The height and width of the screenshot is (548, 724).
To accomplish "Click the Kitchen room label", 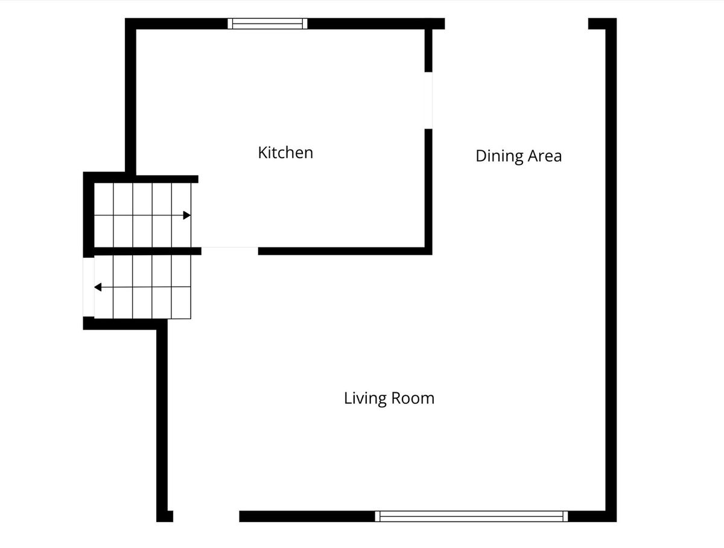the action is point(285,153).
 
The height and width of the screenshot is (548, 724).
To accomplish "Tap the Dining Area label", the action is point(518,156).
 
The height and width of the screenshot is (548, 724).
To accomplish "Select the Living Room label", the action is point(389,398).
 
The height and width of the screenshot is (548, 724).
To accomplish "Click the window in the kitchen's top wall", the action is point(267,24).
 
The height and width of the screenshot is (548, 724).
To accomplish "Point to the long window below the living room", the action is point(471,517).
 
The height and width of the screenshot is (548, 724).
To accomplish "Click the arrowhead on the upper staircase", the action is point(187,215).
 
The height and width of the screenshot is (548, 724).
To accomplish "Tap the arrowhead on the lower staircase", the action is point(98,287).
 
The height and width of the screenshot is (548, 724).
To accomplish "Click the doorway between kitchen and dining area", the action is point(428,100).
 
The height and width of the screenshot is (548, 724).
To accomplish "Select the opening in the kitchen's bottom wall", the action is point(230,251).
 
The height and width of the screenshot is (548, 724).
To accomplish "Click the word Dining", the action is point(500,156).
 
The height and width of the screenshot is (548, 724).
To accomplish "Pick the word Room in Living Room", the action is point(413,398).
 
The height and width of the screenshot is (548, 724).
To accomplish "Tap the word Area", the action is point(545,156).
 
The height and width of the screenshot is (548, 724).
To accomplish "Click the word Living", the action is point(366,399).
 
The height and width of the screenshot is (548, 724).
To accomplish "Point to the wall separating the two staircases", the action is point(148,251).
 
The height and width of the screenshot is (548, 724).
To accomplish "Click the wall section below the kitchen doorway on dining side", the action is point(428,192).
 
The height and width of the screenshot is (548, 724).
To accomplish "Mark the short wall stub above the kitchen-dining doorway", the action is point(428,51).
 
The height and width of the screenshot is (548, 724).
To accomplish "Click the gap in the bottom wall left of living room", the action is point(206,517).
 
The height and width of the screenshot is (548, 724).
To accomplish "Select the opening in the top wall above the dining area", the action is point(516,24).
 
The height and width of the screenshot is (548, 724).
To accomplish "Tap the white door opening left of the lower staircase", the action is point(89,287).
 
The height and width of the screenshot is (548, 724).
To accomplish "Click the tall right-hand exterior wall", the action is point(611,270).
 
